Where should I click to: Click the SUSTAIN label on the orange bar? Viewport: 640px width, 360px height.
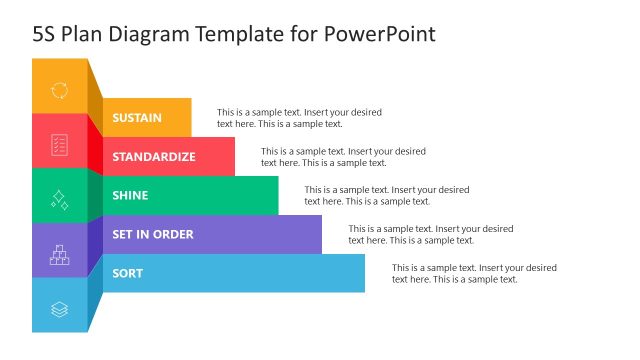click(137, 118)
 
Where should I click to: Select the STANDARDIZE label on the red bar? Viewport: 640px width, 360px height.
click(153, 157)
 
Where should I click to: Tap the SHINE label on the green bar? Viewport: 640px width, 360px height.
click(130, 196)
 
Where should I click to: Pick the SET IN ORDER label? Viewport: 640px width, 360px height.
click(153, 235)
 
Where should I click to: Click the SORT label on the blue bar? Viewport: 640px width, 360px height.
click(127, 274)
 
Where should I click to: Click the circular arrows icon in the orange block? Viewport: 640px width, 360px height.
click(59, 90)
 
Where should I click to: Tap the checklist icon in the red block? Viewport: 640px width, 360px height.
click(59, 144)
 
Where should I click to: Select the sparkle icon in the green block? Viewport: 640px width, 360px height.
click(59, 199)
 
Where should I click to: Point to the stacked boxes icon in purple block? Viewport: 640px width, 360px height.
click(59, 255)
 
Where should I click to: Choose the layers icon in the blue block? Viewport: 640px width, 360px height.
click(59, 310)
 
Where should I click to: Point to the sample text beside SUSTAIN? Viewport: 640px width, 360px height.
click(299, 118)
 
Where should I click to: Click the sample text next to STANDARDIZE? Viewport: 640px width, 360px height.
click(343, 157)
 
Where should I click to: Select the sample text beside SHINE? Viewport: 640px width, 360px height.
click(387, 196)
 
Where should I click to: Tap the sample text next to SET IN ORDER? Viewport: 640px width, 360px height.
click(430, 235)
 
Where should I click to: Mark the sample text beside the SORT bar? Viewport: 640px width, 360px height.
click(474, 274)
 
